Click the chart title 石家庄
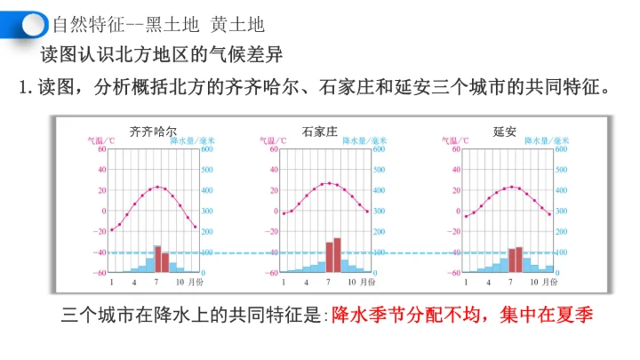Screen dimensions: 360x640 320,132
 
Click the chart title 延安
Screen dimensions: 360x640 505,132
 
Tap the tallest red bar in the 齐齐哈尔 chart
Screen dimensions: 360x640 157,259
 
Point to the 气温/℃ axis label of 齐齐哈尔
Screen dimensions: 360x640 100,140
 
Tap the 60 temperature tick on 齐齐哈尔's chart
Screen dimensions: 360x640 101,148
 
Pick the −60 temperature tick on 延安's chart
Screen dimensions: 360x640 455,273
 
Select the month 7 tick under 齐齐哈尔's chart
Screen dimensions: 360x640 156,282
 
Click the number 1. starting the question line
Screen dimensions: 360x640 27,87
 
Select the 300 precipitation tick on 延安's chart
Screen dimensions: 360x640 561,211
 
